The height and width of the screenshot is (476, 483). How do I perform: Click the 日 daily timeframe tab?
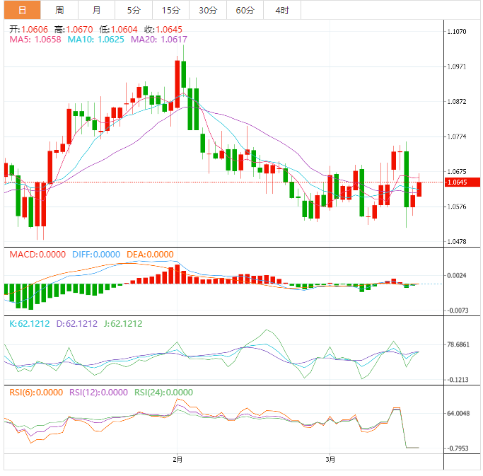[21, 10]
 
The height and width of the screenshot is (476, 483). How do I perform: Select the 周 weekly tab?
[59, 10]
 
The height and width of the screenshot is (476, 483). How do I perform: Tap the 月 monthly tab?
[96, 10]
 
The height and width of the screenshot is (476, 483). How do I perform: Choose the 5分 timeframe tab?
[133, 10]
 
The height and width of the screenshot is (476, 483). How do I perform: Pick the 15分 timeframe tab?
[170, 10]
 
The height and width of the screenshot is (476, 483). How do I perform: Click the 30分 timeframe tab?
[208, 10]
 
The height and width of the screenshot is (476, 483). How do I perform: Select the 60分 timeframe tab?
[245, 10]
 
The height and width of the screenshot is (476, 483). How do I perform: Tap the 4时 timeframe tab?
[281, 10]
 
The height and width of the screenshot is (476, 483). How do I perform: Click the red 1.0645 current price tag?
[461, 182]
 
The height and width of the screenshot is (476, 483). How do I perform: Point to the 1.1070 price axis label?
[458, 32]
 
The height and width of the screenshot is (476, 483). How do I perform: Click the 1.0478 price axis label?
[458, 242]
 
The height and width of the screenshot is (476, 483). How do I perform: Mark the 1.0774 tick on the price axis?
[458, 137]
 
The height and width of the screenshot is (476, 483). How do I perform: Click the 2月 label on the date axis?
[178, 460]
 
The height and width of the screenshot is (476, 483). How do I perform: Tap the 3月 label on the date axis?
[330, 460]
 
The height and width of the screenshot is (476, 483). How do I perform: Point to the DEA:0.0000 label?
[149, 255]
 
